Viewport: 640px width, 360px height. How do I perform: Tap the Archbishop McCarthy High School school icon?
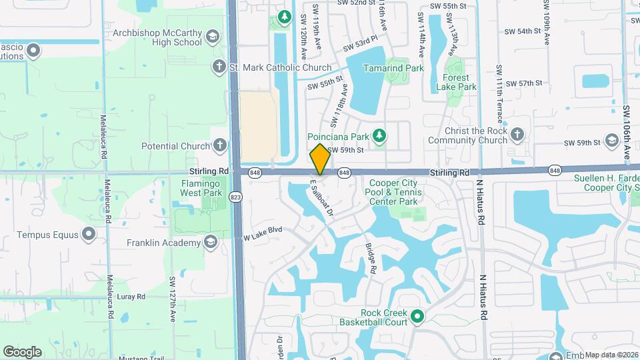[x=213, y=37]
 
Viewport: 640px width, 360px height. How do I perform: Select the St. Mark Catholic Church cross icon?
[x=218, y=67]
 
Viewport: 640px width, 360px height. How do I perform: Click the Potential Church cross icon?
[x=221, y=145]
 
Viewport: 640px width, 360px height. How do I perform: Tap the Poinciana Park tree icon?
[x=379, y=136]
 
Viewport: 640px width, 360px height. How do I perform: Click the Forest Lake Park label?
[x=456, y=82]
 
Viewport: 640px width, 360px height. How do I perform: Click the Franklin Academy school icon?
[x=211, y=242]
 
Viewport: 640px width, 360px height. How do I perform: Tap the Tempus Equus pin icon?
[x=89, y=234]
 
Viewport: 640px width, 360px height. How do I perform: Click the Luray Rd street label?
[x=131, y=296]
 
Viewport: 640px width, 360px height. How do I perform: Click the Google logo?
[x=22, y=351]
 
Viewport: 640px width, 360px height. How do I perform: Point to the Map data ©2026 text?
[x=611, y=355]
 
